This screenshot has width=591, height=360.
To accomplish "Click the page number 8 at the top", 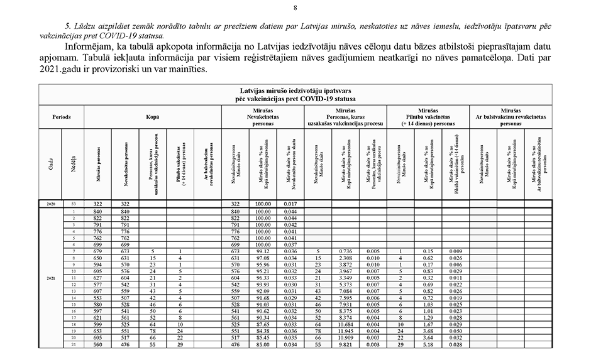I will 295,8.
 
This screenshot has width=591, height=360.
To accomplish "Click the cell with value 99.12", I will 263,251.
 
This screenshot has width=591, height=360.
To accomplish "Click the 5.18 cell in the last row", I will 428,344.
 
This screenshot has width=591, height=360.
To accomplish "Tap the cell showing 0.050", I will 456,330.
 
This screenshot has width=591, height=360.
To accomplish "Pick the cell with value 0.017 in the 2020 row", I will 290,204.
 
